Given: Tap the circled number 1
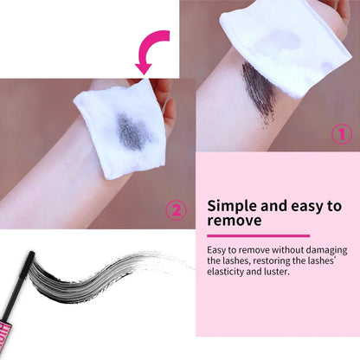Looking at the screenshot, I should (342, 134).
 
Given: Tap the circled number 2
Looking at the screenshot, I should (175, 209).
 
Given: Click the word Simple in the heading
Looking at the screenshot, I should (232, 206).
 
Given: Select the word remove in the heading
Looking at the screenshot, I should (234, 222).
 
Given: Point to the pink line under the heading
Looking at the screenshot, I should (258, 235).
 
